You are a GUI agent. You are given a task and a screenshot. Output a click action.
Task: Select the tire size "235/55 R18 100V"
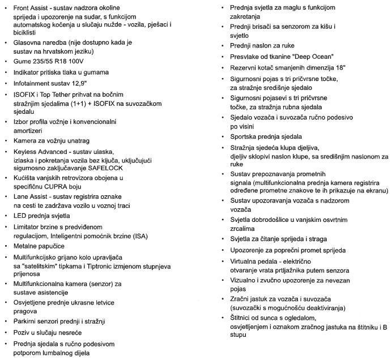click(62, 61)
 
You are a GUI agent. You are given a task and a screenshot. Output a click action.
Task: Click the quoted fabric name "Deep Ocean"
click(313, 56)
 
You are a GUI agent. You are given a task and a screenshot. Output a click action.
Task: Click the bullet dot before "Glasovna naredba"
click(6, 42)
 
